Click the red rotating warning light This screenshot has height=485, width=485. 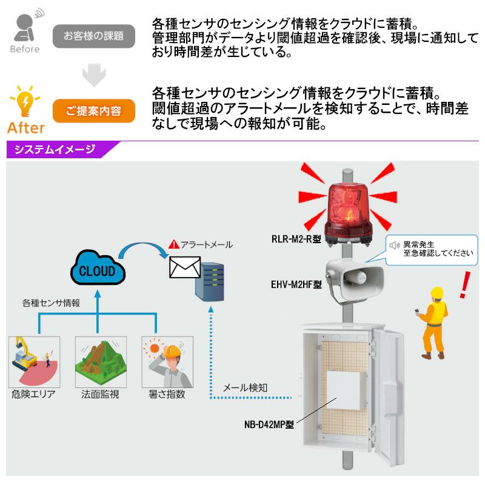pos(347,212)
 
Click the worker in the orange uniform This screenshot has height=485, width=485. pos(432,323)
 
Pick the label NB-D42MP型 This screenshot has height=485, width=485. pos(265,424)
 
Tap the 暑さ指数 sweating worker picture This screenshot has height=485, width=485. pos(167,362)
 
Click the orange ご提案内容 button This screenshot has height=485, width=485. pos(93,111)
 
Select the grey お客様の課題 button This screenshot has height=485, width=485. pos(93,35)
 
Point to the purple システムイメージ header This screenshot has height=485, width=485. pos(55,150)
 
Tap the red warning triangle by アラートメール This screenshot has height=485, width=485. pos(174,244)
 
